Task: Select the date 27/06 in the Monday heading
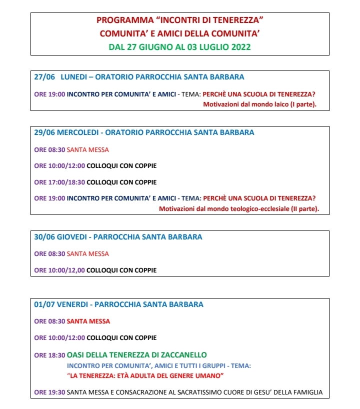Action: (x=44, y=77)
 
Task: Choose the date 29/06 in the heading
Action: (x=44, y=132)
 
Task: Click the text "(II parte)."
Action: (x=304, y=208)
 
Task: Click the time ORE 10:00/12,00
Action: (x=59, y=270)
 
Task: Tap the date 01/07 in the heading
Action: (x=44, y=304)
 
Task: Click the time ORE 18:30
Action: (x=49, y=355)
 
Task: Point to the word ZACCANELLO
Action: (x=182, y=355)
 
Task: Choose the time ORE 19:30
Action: (x=49, y=392)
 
